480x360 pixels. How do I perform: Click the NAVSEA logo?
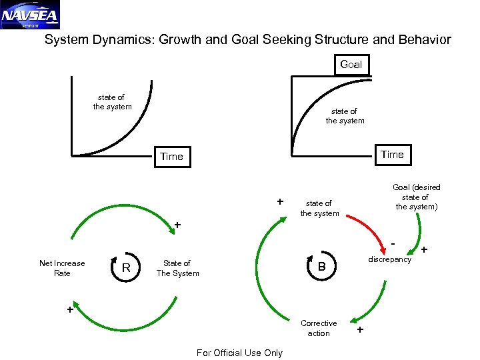(x=30, y=15)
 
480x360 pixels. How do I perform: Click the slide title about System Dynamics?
(x=247, y=40)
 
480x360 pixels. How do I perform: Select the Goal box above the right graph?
(x=351, y=65)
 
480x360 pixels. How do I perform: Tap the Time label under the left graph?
(x=171, y=157)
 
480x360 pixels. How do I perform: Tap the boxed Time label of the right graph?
(x=392, y=155)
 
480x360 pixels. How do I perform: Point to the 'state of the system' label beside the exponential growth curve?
(x=112, y=102)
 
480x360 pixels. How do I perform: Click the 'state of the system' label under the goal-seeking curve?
(x=345, y=116)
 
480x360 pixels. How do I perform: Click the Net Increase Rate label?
(x=62, y=268)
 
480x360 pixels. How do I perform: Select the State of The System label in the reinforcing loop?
(x=177, y=268)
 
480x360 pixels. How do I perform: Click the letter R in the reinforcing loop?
(x=125, y=268)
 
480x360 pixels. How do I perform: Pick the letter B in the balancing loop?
(x=321, y=267)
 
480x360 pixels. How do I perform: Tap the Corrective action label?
(x=319, y=328)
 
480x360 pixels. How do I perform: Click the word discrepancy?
(x=390, y=259)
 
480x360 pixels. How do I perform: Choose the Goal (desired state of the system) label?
(x=416, y=197)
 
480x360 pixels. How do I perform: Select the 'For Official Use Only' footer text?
(x=239, y=353)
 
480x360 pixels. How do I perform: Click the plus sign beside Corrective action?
(x=361, y=330)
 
